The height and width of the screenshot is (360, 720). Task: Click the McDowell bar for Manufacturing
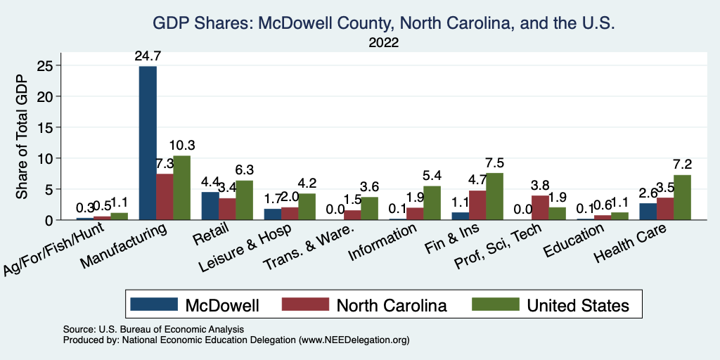(x=148, y=143)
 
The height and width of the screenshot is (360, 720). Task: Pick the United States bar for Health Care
(x=682, y=198)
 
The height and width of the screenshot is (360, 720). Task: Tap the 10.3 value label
(x=182, y=146)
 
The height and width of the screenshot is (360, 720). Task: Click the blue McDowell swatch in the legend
(x=153, y=304)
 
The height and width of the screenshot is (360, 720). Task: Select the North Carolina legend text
(x=392, y=304)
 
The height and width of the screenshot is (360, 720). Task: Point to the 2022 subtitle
(x=383, y=43)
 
